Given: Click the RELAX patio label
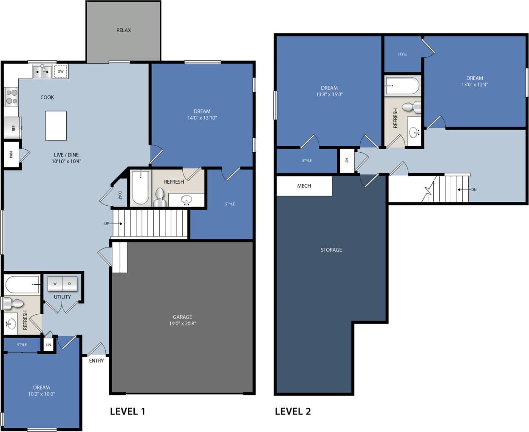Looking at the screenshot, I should pos(124,30).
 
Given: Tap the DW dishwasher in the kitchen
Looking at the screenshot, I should pos(61,71).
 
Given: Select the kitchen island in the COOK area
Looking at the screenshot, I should pos(56,125).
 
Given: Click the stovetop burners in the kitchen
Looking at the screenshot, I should pos(11,97).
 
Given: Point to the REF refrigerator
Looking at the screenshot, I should pos(12,128).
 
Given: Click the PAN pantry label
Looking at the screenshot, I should pos(11,154).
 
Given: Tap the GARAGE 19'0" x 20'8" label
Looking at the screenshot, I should pos(182,320).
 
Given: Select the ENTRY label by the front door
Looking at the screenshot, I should pos(96,361).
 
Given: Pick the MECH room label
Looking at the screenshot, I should pos(304,186).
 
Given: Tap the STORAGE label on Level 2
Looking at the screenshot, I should pos(331,250).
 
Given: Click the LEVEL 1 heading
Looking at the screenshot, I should pos(127,411).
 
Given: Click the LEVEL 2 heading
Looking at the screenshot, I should pos(293,411).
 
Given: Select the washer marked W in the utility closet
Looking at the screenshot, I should pos(55,284).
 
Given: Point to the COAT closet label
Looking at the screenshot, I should pos(120,195).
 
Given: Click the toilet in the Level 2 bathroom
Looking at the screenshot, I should pos(410,107).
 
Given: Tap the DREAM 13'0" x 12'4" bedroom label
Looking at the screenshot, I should pos(475,81).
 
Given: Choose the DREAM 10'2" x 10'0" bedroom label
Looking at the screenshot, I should pos(41,390).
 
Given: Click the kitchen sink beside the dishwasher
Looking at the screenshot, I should pos(42,71).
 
